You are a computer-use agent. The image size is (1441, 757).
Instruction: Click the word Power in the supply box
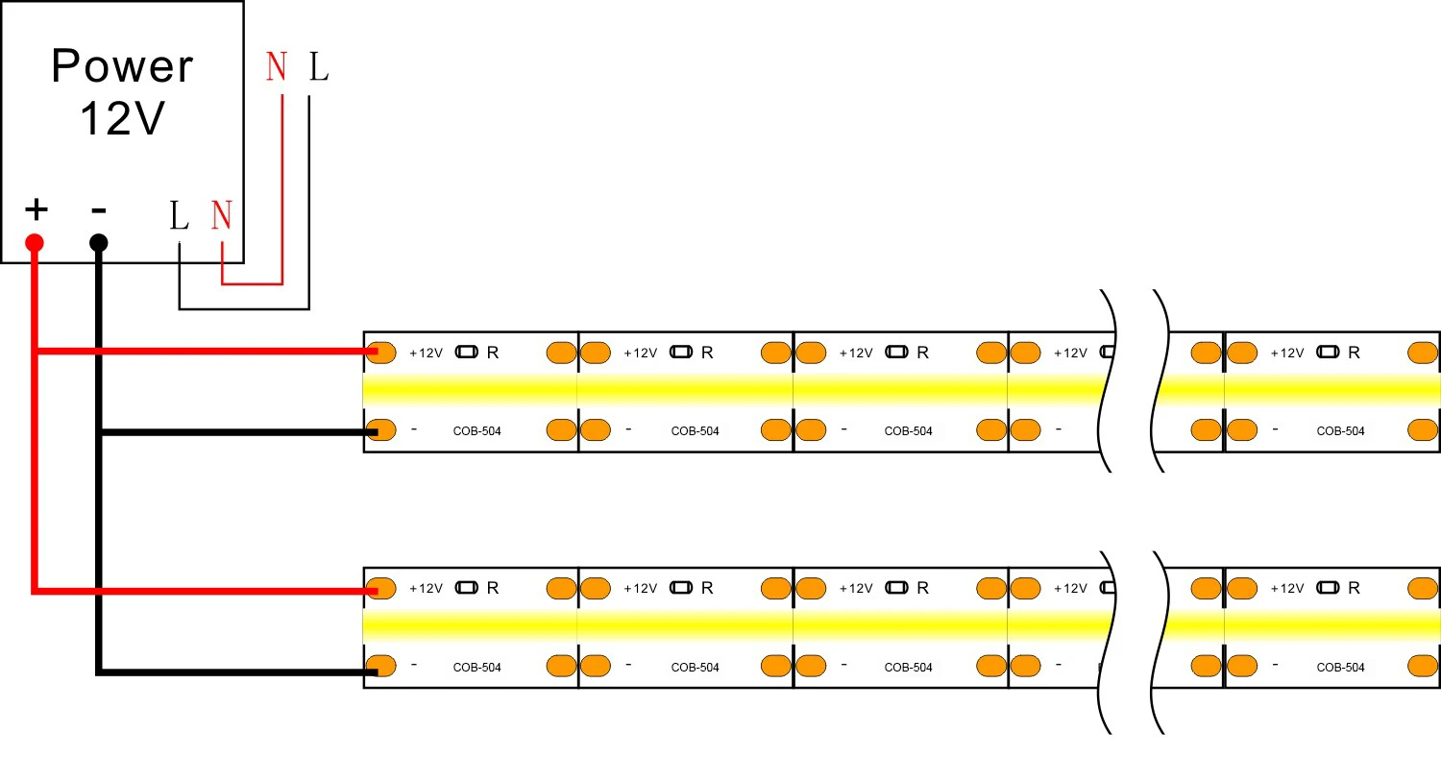(122, 66)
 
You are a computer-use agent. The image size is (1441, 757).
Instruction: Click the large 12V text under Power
(122, 120)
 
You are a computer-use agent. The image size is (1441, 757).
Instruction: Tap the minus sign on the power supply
(98, 208)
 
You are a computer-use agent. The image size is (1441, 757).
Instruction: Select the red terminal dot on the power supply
(36, 242)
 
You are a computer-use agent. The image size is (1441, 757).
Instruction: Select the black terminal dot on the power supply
(98, 242)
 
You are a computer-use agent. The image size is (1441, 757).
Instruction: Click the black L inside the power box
(179, 216)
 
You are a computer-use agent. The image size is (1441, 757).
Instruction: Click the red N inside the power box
(222, 216)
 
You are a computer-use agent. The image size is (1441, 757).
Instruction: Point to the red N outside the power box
(277, 67)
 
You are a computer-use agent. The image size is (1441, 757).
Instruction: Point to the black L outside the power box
(318, 67)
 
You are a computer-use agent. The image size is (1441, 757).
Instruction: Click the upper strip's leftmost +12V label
(426, 353)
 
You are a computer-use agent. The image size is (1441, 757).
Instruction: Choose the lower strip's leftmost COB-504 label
(476, 668)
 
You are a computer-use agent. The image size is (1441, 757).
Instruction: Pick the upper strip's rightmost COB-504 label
(1340, 431)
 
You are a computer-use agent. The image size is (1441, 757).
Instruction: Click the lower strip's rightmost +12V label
(1287, 589)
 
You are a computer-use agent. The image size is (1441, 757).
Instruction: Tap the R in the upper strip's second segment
(707, 353)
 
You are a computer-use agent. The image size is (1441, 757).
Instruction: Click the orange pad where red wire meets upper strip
(381, 353)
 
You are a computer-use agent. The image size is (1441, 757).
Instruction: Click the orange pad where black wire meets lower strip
(381, 666)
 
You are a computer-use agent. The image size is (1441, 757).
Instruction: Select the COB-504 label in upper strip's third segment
(908, 431)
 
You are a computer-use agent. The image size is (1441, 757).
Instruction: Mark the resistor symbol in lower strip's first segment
(466, 589)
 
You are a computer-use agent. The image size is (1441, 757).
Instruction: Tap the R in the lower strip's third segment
(922, 589)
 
